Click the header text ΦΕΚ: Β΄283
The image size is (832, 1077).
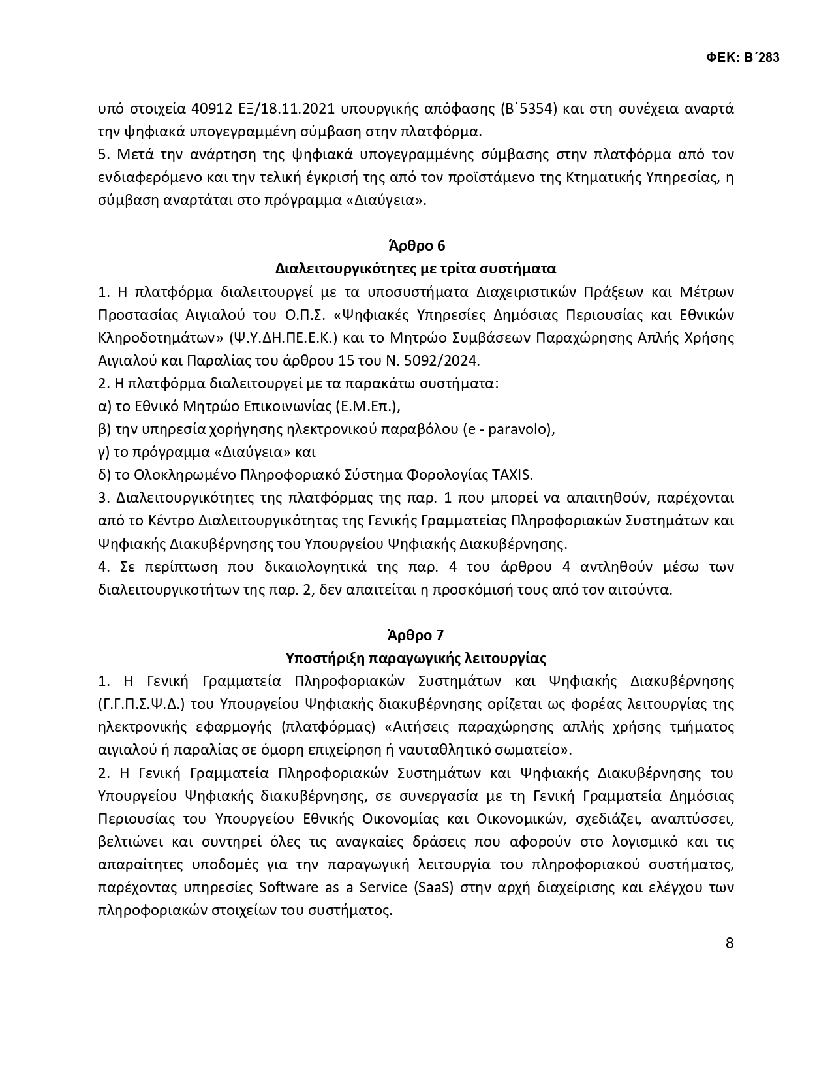tap(743, 57)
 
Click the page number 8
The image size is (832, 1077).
tap(730, 943)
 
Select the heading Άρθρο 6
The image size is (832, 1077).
tap(416, 246)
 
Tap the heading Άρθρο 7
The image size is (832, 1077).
tap(416, 635)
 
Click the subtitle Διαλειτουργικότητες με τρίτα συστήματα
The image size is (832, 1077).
tap(416, 269)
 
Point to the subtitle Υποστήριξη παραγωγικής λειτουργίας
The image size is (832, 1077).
tap(416, 658)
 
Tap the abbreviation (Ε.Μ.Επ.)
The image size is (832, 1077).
tap(367, 406)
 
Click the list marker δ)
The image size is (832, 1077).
tap(105, 475)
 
